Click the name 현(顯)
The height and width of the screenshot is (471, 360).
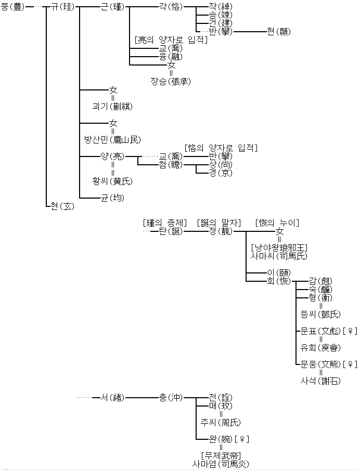point(278,32)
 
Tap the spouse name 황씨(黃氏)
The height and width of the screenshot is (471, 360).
point(112,181)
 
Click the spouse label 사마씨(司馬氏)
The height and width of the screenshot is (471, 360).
point(279,256)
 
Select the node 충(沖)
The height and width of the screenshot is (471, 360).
point(172,398)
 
